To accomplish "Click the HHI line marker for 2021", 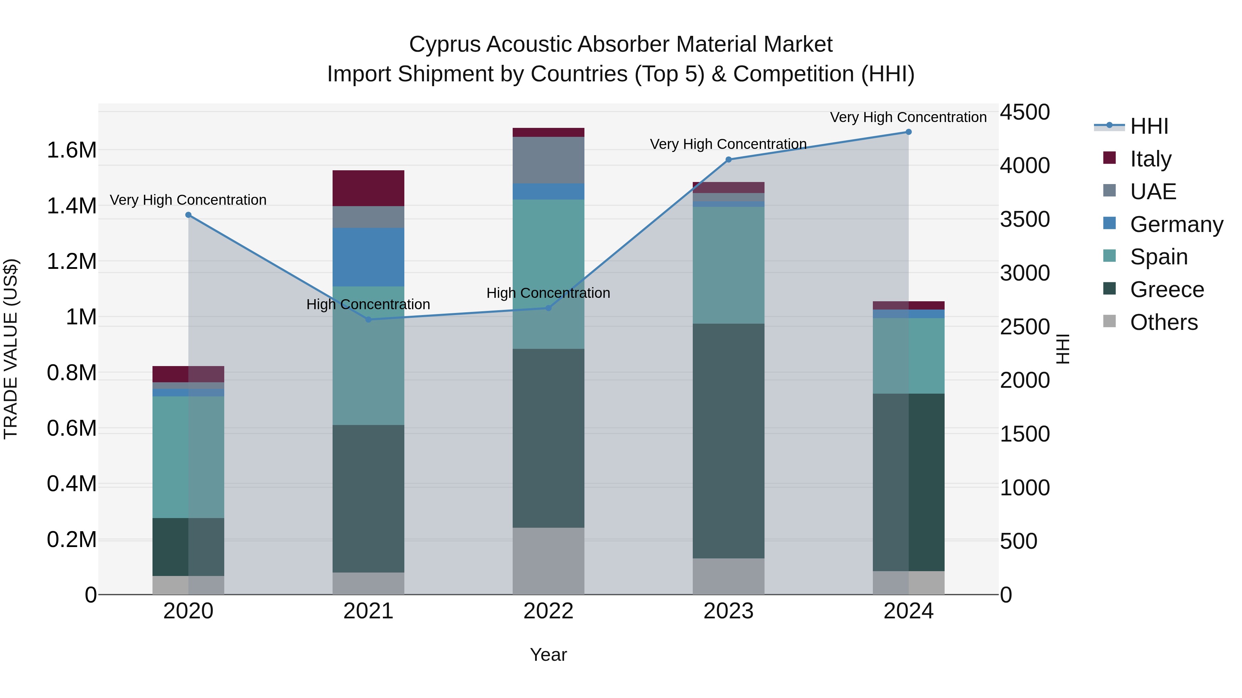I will click(368, 320).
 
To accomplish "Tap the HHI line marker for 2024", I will click(908, 132).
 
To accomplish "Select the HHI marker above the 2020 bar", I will click(188, 215).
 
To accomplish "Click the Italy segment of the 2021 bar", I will click(368, 188).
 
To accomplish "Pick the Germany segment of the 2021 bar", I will click(368, 257).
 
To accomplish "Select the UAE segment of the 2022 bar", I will click(548, 160).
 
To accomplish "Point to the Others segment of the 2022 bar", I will click(548, 561).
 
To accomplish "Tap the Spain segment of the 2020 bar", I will click(188, 457).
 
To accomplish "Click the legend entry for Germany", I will click(1176, 224).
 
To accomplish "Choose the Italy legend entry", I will click(1150, 159).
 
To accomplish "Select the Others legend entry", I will click(1163, 322).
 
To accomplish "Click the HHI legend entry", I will click(1149, 126).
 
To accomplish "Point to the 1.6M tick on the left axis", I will click(72, 150).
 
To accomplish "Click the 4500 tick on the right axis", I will click(1025, 112).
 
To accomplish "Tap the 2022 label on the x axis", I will click(548, 611).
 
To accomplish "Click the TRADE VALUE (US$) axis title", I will click(11, 349).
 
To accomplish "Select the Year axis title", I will click(548, 655).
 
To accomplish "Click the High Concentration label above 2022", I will click(548, 293).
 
